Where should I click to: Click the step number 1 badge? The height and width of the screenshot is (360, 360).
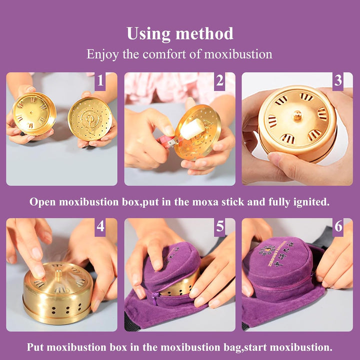(x=100, y=80)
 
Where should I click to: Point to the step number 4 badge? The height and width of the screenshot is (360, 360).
(x=100, y=226)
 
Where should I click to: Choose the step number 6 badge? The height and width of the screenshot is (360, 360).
(x=338, y=227)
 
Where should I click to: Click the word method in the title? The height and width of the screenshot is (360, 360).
(x=206, y=33)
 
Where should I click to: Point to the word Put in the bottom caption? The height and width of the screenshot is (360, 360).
(x=36, y=347)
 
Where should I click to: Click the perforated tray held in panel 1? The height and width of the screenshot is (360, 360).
(x=90, y=118)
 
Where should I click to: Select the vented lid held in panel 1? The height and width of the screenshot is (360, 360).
(x=34, y=114)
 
